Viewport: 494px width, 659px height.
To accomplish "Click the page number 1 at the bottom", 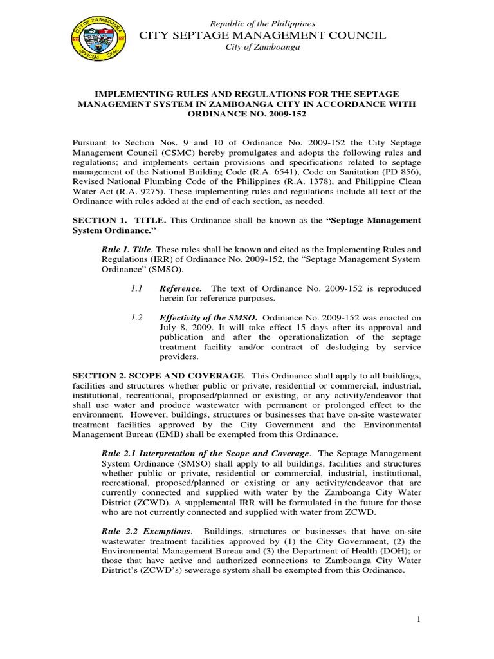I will (418, 619).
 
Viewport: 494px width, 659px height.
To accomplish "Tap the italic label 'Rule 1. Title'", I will (127, 248).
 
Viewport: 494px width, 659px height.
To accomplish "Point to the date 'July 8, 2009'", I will (181, 327).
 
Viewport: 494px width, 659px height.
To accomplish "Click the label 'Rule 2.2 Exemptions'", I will (147, 532).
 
